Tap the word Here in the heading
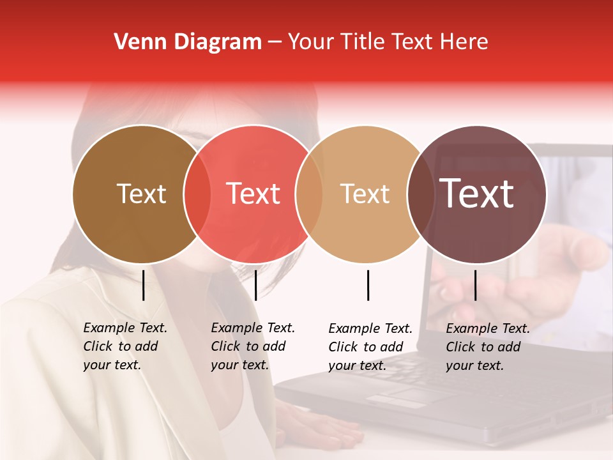pos(464,42)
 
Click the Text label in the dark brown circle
pos(141,194)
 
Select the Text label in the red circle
pos(254,194)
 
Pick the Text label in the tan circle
pos(365,194)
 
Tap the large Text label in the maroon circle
pos(477,194)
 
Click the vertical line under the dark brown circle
pos(144,285)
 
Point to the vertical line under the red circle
pos(255,285)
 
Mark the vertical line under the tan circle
pos(368,285)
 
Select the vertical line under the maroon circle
pos(476,285)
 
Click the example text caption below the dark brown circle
pos(125,346)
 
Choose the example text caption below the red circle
pos(253,346)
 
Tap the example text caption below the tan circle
pos(370,347)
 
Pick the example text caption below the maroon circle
pos(488,347)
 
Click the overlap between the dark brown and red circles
pos(197,194)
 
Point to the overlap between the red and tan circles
pos(309,194)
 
